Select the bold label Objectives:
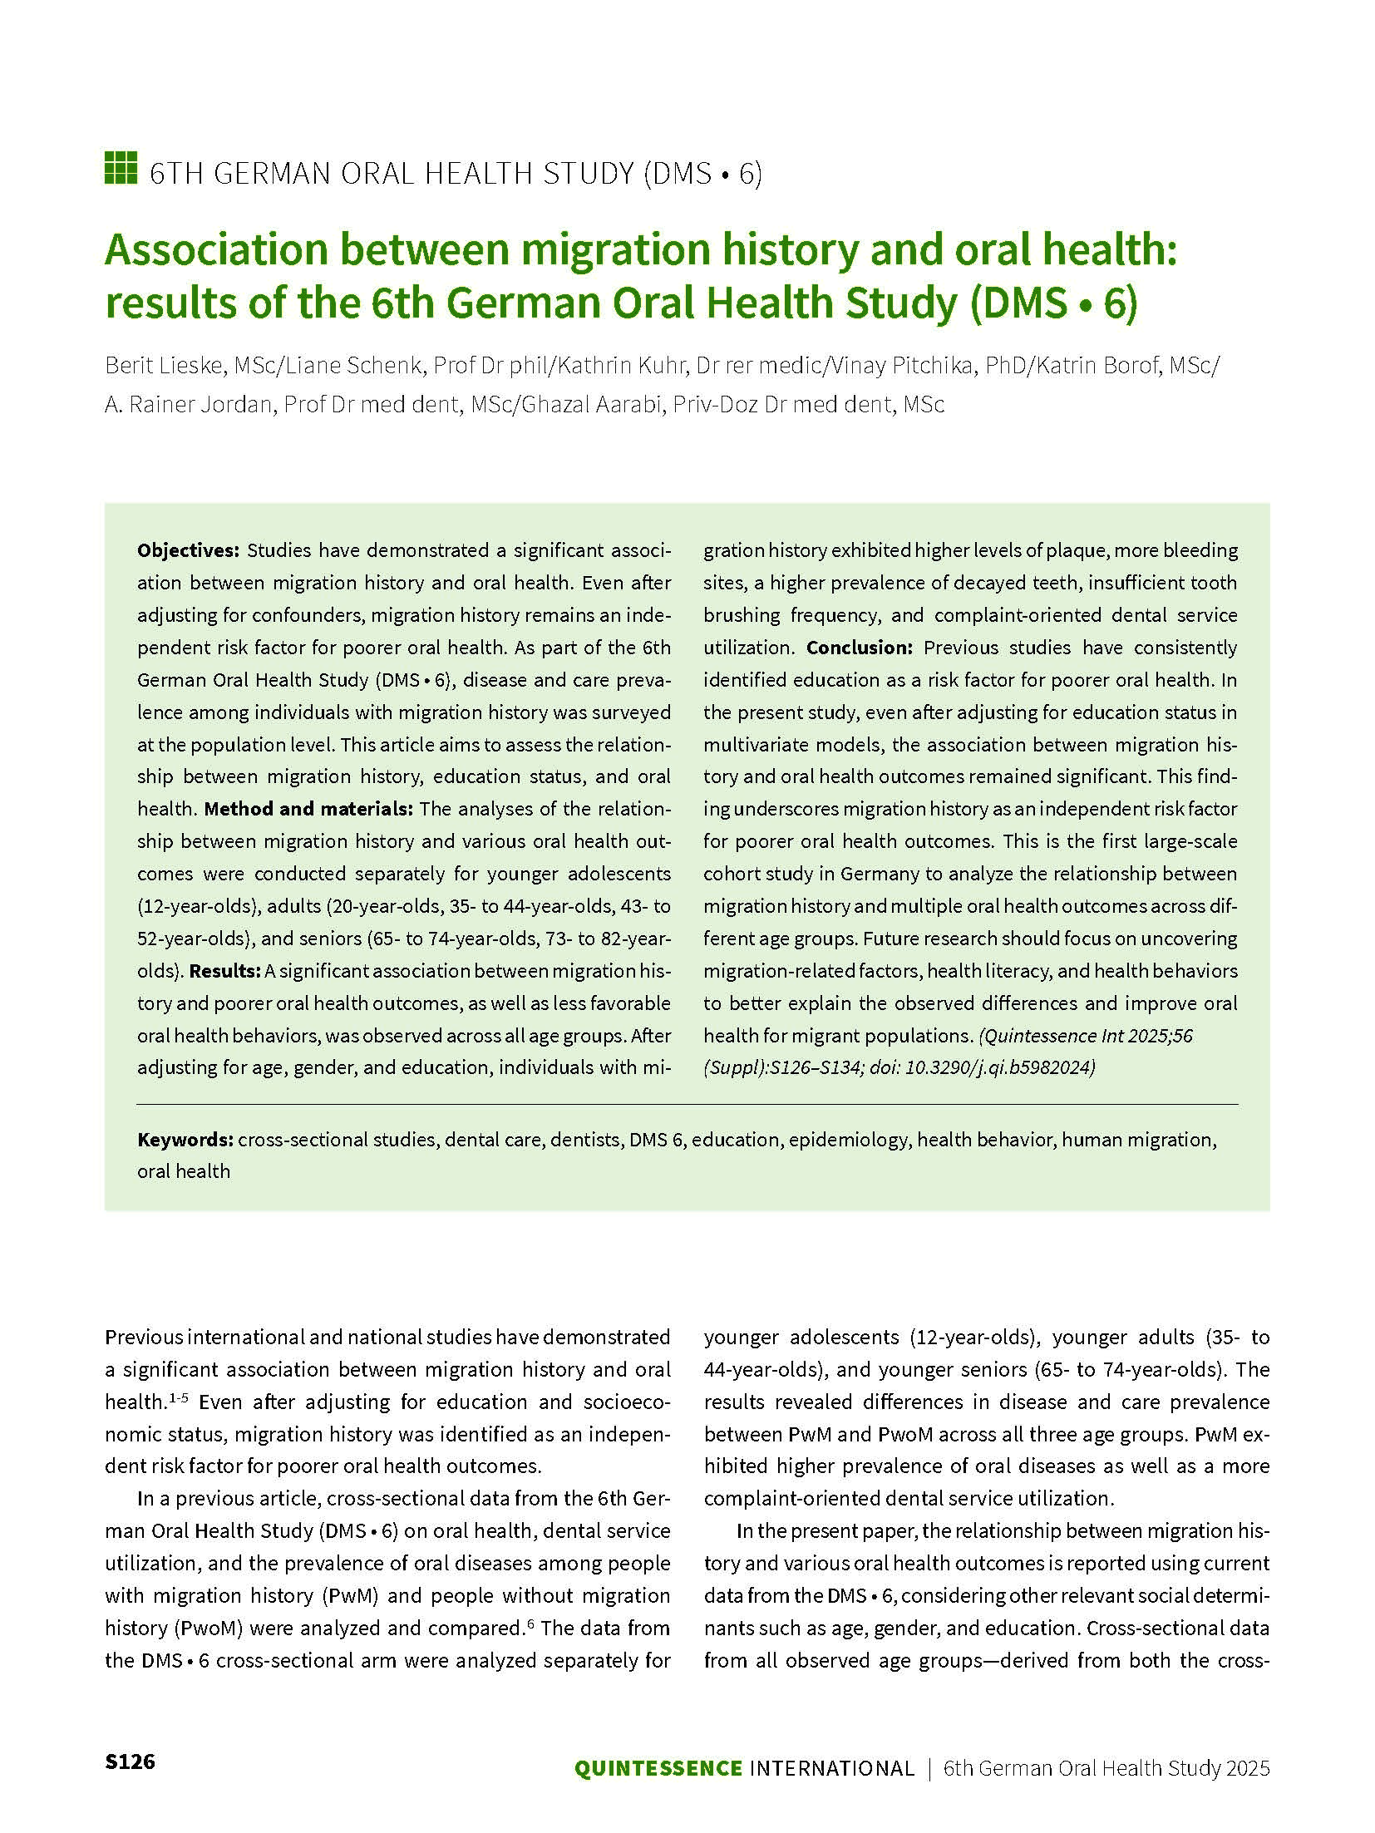[x=189, y=550]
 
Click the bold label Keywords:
[x=185, y=1139]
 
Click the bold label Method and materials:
[x=308, y=809]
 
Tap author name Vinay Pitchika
[x=903, y=366]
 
